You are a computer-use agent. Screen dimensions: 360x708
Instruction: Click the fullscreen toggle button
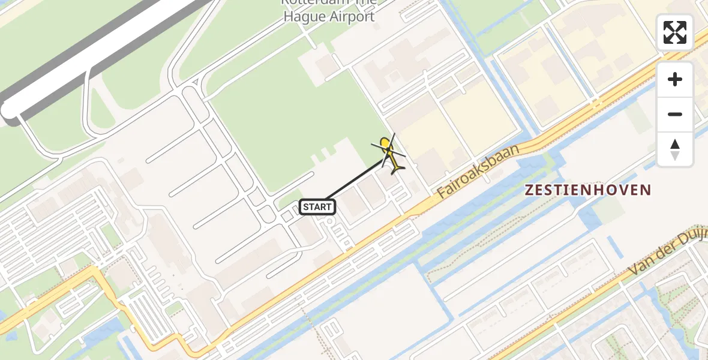tap(675, 32)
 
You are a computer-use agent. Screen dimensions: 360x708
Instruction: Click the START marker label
tap(317, 207)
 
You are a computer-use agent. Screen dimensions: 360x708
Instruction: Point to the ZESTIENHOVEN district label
tap(588, 190)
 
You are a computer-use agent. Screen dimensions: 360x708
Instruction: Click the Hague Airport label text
tap(329, 16)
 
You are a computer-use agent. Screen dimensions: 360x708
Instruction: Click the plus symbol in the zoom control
tap(675, 79)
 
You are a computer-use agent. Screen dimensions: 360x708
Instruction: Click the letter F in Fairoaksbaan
tap(443, 193)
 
